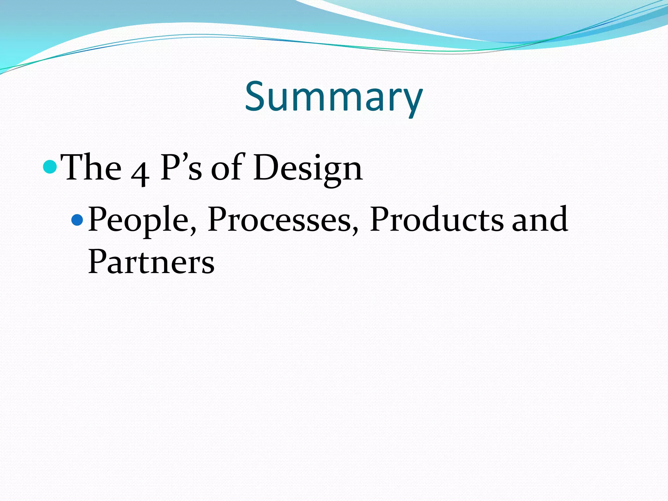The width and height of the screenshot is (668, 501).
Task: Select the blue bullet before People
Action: pyautogui.click(x=77, y=220)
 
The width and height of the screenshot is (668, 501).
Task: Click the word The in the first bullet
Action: pyautogui.click(x=91, y=168)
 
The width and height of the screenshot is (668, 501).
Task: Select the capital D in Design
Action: pyautogui.click(x=266, y=167)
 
